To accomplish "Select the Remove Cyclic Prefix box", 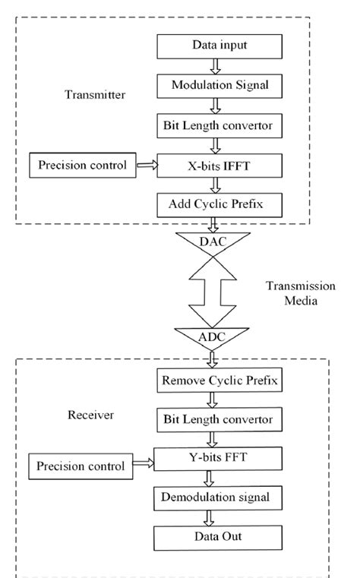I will coord(210,378).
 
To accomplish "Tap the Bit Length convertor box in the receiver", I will coord(210,418).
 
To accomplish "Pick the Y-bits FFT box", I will coord(210,458).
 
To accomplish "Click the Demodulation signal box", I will coord(210,498).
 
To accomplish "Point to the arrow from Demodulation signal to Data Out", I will coord(210,518).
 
